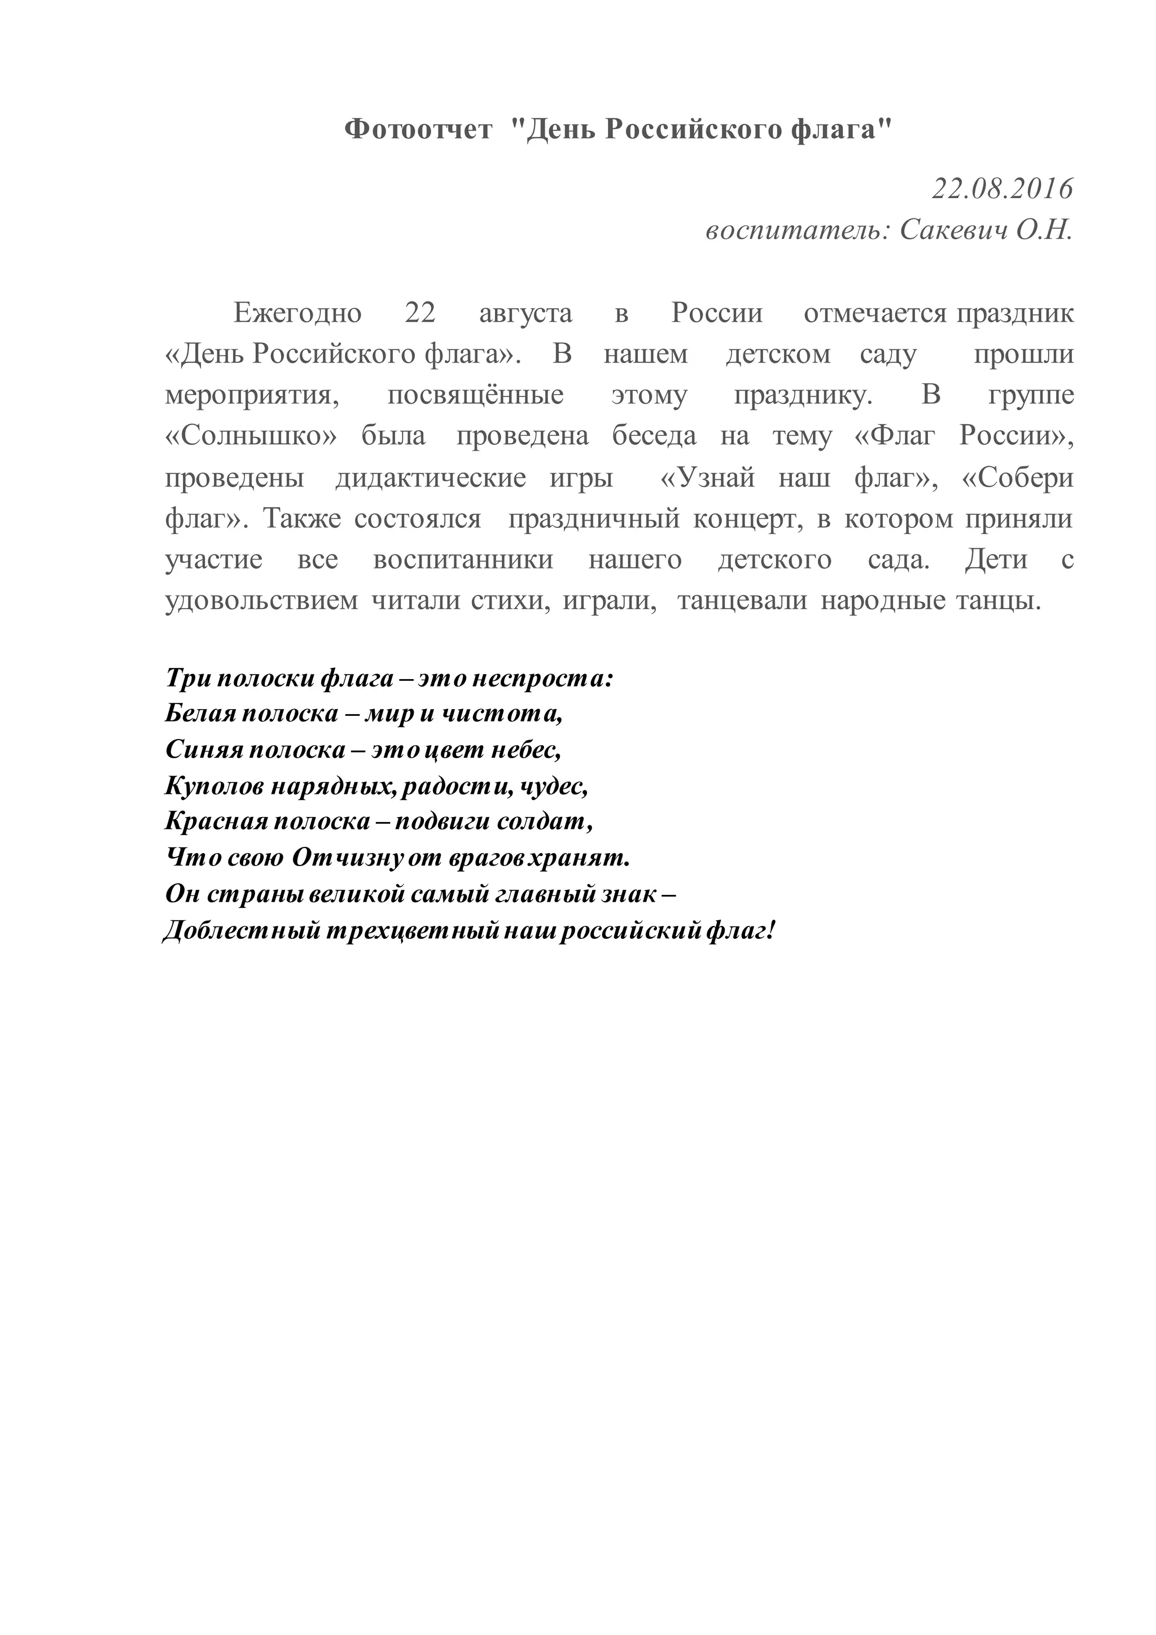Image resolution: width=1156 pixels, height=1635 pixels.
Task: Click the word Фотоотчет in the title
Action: pos(418,130)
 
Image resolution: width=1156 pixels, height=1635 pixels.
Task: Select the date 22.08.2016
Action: pos(1001,189)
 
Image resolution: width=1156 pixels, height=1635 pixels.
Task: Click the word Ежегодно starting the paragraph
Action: pos(297,313)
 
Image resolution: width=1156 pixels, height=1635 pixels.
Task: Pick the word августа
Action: pos(526,313)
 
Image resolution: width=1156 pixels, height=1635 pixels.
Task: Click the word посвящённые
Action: pos(475,395)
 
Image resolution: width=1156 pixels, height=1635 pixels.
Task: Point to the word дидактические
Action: pos(431,477)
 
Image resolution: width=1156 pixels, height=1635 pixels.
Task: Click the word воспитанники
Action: pos(463,559)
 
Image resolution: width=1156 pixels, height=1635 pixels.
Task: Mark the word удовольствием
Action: pos(261,600)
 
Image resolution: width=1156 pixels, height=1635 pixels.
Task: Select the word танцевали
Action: pos(742,600)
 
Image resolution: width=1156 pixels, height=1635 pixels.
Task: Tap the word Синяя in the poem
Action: pos(202,749)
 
